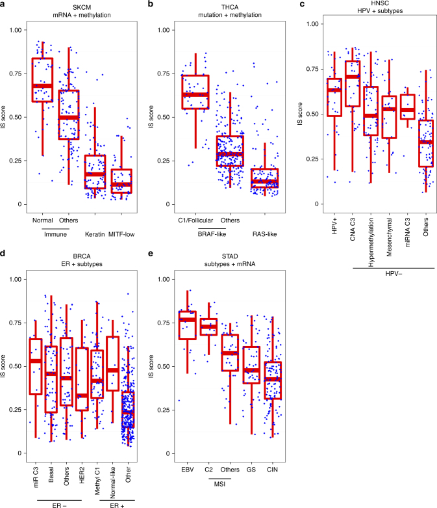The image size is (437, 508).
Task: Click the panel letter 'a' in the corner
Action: click(x=3, y=3)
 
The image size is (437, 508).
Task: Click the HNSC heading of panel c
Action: click(x=379, y=4)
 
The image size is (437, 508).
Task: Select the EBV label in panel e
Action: click(x=188, y=468)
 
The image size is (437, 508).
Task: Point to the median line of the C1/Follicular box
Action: click(x=200, y=94)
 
